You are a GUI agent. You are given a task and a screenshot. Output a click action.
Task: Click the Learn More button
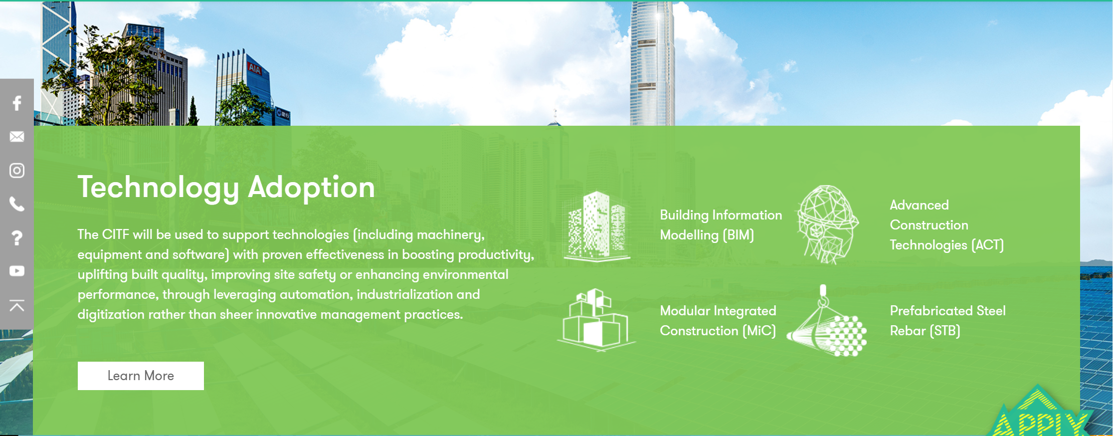(141, 376)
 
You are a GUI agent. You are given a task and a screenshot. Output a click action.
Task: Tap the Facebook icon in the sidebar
(17, 103)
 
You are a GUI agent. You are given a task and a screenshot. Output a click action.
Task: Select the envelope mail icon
(17, 137)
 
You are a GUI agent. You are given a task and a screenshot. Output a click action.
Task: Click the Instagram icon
(17, 171)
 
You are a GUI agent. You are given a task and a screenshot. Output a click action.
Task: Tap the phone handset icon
(17, 204)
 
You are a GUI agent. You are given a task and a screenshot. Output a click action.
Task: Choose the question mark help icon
(17, 238)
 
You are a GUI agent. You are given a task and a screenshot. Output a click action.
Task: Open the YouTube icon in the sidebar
(17, 271)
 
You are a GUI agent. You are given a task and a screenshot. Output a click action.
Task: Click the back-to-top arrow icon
(17, 305)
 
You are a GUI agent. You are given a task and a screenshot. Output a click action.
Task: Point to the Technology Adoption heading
(226, 188)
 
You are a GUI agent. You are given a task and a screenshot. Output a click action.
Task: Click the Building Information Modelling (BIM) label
(721, 225)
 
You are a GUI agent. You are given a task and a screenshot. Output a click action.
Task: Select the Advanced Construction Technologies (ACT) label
(946, 225)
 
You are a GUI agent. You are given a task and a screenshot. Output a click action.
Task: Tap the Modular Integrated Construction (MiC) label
(718, 321)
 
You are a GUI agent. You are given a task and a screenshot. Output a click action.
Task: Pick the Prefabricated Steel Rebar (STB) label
(947, 321)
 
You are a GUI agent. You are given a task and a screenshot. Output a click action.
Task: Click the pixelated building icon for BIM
(597, 225)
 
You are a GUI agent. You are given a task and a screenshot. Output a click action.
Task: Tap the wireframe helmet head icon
(827, 224)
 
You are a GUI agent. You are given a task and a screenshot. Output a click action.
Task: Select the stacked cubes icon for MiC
(596, 320)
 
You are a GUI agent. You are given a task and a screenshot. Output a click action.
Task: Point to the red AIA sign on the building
(255, 69)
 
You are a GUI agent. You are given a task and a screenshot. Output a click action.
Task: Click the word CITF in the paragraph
(115, 234)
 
